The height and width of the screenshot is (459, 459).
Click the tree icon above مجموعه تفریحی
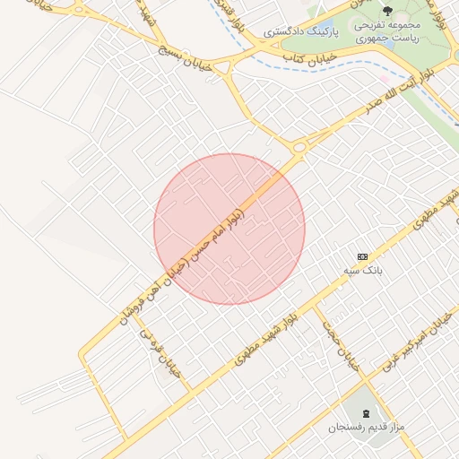[x=387, y=12]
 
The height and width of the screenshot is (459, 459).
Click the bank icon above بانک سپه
[x=362, y=256]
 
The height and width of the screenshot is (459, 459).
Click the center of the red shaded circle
[x=229, y=229]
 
